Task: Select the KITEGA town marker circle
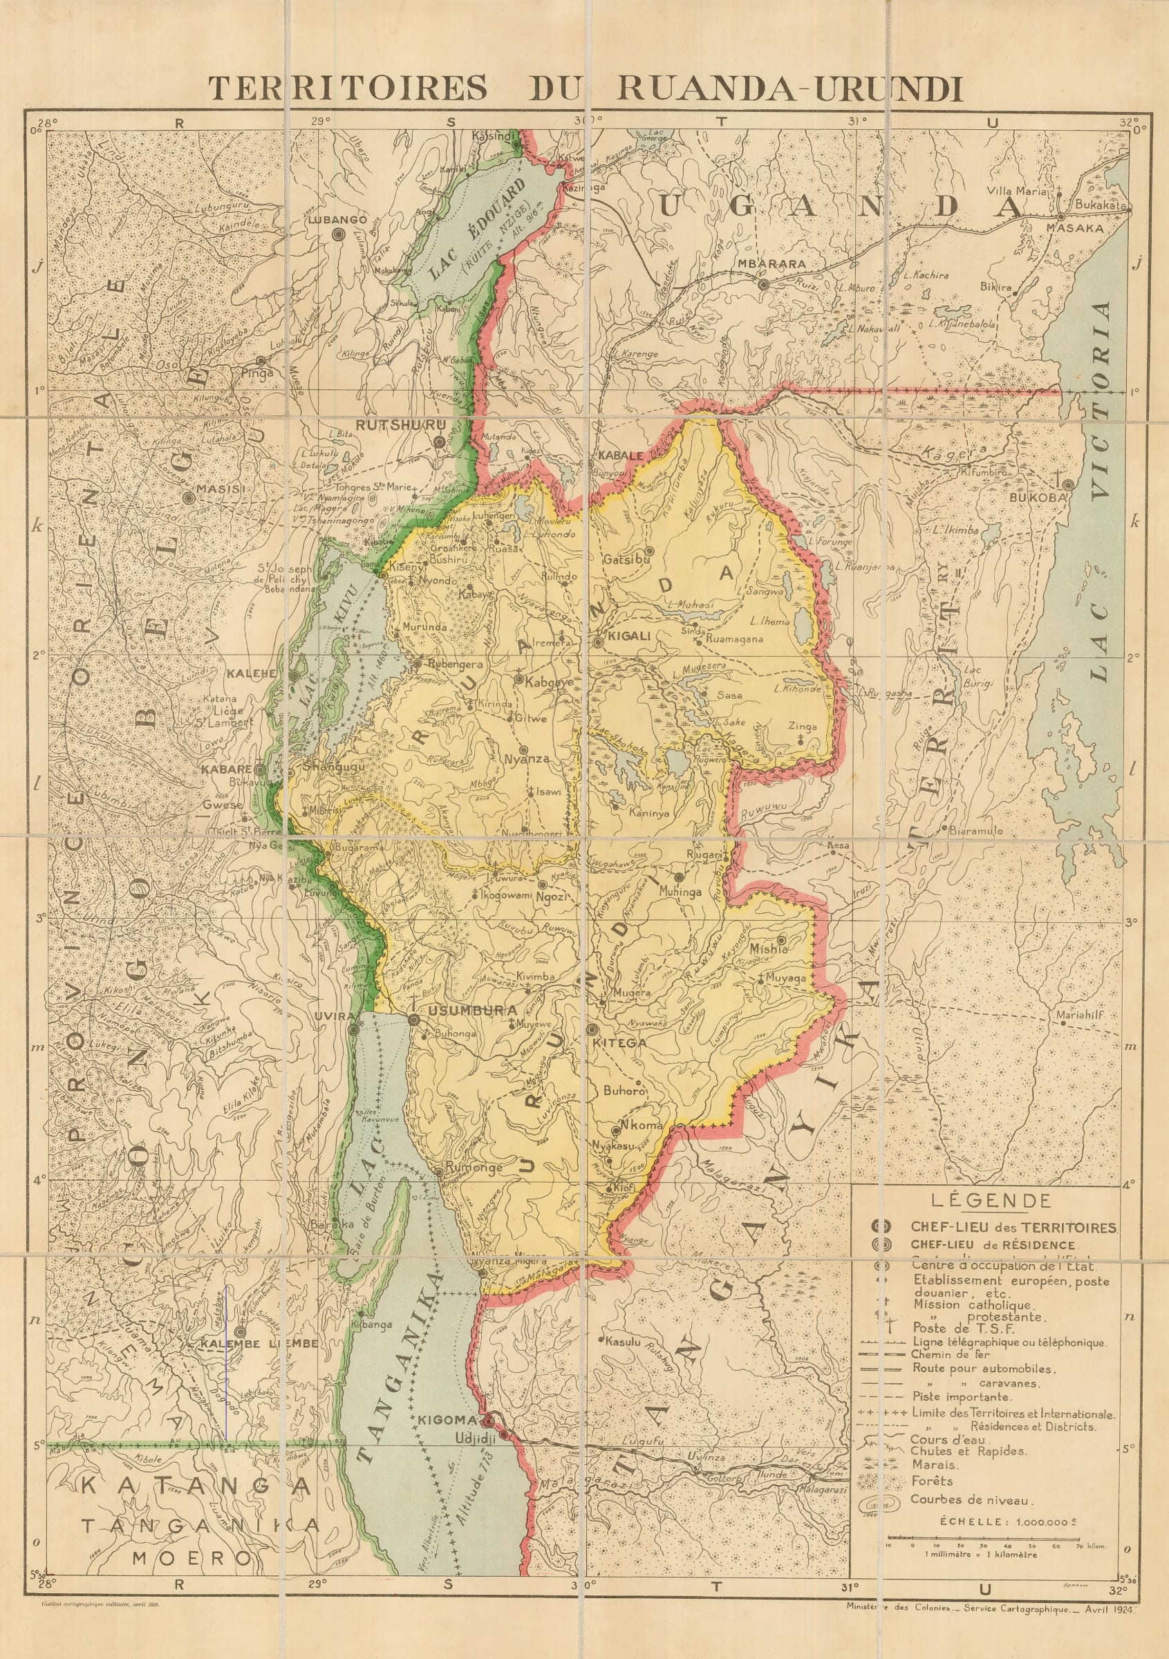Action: pos(592,1030)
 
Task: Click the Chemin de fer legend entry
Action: pos(950,1355)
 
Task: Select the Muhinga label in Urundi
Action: pos(680,892)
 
